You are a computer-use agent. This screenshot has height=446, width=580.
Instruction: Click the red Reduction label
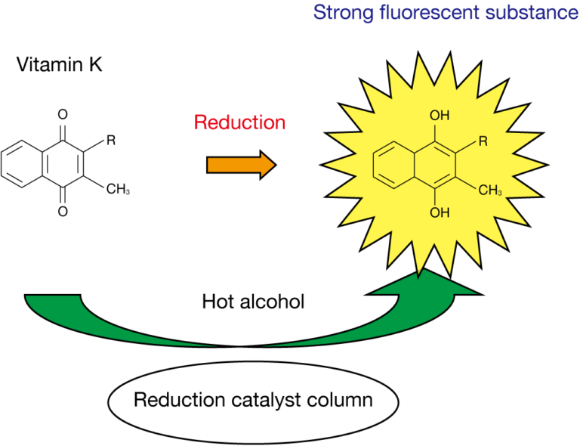pyautogui.click(x=239, y=122)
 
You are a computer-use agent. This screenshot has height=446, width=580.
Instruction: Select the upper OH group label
pyautogui.click(x=440, y=116)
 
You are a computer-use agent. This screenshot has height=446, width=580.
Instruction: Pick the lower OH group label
pyautogui.click(x=440, y=213)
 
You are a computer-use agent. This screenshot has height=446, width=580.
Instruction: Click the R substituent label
pyautogui.click(x=483, y=141)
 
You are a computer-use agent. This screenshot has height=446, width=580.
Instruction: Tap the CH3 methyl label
pyautogui.click(x=490, y=190)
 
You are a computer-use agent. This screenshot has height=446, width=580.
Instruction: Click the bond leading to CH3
pyautogui.click(x=467, y=184)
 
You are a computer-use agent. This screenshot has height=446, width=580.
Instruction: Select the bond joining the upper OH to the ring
pyautogui.click(x=439, y=132)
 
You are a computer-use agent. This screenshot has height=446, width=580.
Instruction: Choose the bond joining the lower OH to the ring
pyautogui.click(x=439, y=197)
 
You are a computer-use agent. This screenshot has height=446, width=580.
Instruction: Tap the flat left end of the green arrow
pyautogui.click(x=53, y=297)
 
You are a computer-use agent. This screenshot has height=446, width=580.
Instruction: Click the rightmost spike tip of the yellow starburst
pyautogui.click(x=544, y=164)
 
